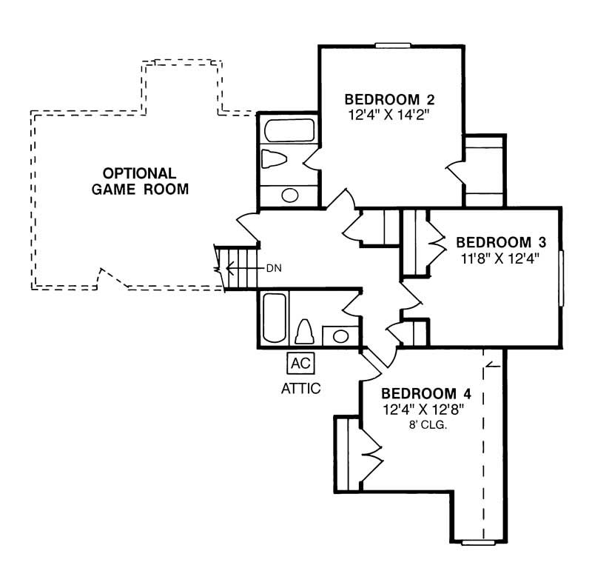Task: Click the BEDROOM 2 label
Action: click(x=389, y=100)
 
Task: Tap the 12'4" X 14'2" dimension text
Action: click(x=389, y=115)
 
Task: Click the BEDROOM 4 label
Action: click(x=426, y=393)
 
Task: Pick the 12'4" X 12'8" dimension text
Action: click(x=426, y=409)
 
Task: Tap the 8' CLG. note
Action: click(x=426, y=425)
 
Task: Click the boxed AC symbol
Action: click(x=300, y=363)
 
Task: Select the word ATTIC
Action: click(x=300, y=388)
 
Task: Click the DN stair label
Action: click(x=273, y=267)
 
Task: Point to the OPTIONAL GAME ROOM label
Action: click(x=140, y=181)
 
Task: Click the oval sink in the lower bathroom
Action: click(x=340, y=335)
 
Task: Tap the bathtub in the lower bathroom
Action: click(x=273, y=319)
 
